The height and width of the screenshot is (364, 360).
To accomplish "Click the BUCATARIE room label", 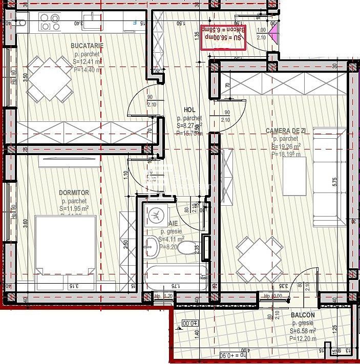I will click(x=88, y=46).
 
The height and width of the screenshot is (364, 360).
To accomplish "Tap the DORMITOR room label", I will click(x=74, y=192).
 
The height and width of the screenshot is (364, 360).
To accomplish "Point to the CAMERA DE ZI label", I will click(x=286, y=131).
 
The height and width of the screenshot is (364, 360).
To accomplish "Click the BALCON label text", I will click(x=303, y=316).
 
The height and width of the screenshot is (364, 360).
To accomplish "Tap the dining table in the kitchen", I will click(x=50, y=79).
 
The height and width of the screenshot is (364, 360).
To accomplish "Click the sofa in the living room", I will click(x=329, y=177).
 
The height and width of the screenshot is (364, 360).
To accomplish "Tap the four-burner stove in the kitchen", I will click(x=51, y=22).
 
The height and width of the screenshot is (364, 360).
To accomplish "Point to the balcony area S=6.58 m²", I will click(x=303, y=331).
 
